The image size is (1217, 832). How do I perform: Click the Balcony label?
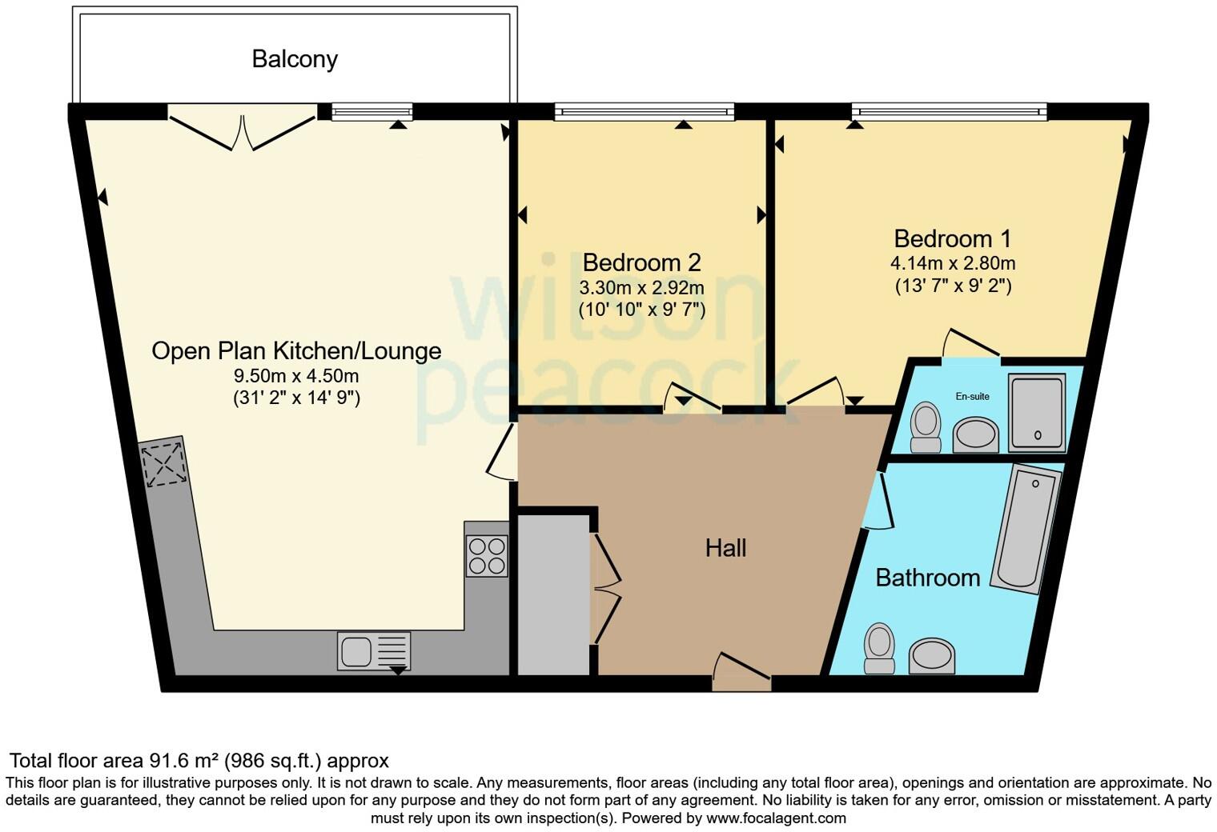pyautogui.click(x=295, y=59)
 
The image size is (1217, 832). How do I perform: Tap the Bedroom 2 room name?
pyautogui.click(x=641, y=262)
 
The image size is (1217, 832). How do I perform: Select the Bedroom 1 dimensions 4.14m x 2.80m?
pyautogui.click(x=952, y=263)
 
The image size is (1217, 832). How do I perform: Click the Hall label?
pyautogui.click(x=725, y=548)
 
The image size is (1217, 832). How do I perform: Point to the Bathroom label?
pyautogui.click(x=927, y=578)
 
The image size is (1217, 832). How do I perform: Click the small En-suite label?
pyautogui.click(x=972, y=396)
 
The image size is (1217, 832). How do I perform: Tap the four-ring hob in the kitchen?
pyautogui.click(x=487, y=555)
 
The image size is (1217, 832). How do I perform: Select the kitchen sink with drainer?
pyautogui.click(x=374, y=650)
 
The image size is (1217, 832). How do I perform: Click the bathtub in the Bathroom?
pyautogui.click(x=1026, y=529)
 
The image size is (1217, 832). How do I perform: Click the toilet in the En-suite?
pyautogui.click(x=926, y=427)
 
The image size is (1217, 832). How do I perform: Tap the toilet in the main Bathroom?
pyautogui.click(x=879, y=648)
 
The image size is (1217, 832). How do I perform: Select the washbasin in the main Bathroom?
pyautogui.click(x=932, y=656)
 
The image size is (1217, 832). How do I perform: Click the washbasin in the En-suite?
pyautogui.click(x=976, y=434)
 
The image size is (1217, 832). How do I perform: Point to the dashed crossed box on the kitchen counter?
pyautogui.click(x=165, y=463)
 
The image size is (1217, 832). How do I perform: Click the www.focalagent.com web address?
pyautogui.click(x=776, y=818)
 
